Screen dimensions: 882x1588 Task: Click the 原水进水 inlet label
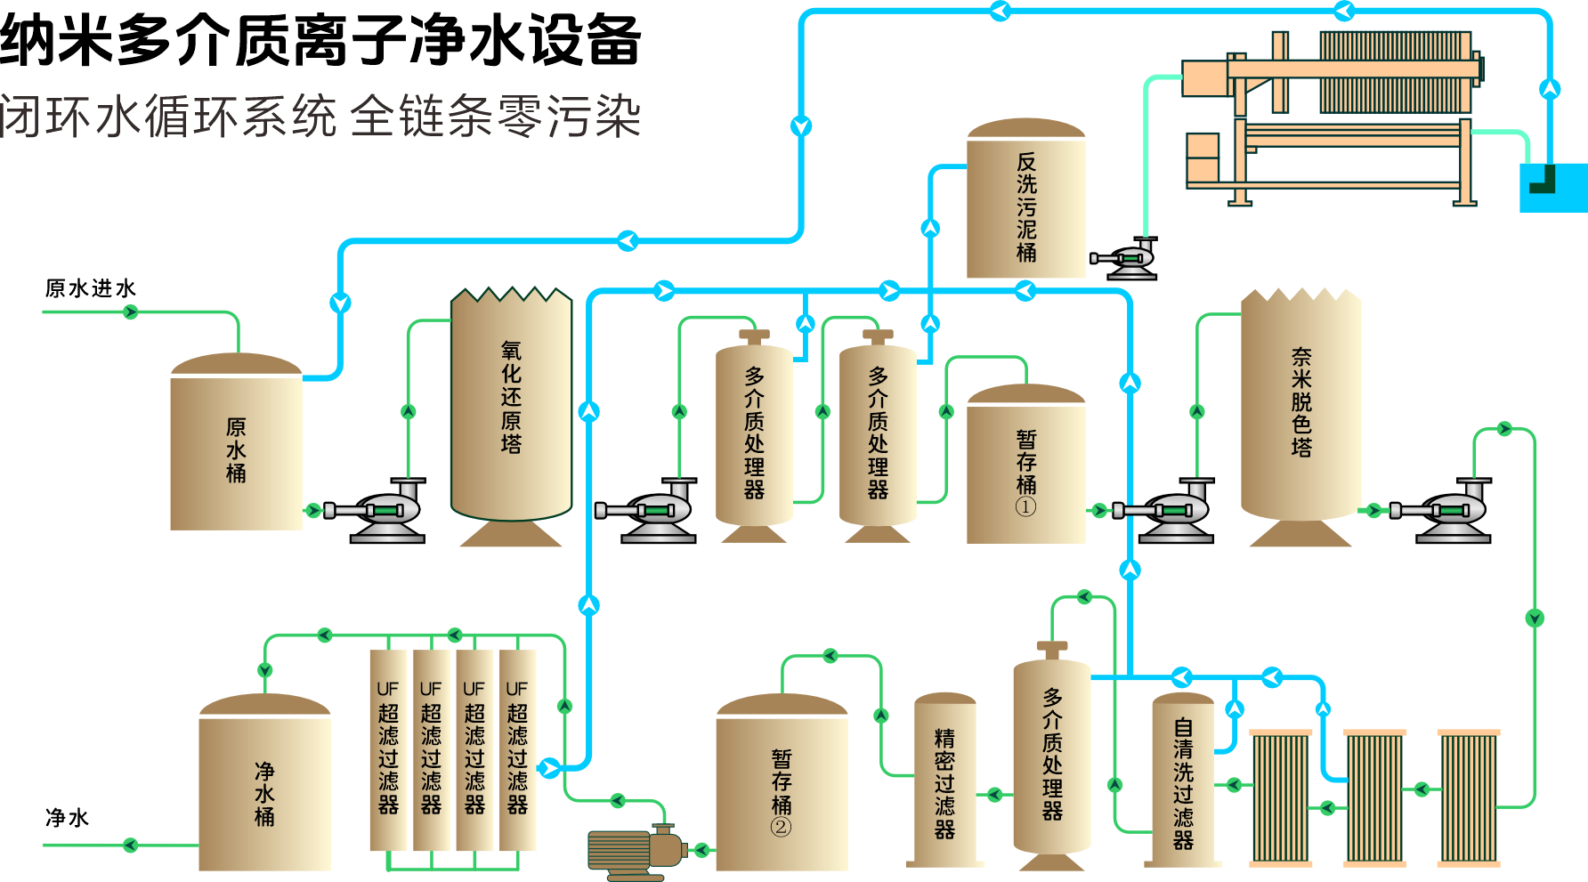90,288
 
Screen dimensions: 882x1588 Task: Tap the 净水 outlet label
67,817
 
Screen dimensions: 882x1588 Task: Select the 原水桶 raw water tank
236,449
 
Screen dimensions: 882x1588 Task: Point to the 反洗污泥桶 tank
1026,205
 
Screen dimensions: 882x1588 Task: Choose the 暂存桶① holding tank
1025,467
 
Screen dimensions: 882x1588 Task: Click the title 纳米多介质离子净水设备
320,40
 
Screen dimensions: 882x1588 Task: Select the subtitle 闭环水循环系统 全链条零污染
320,116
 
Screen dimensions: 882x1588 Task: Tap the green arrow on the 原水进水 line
131,312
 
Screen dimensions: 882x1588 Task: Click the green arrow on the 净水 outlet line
131,845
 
